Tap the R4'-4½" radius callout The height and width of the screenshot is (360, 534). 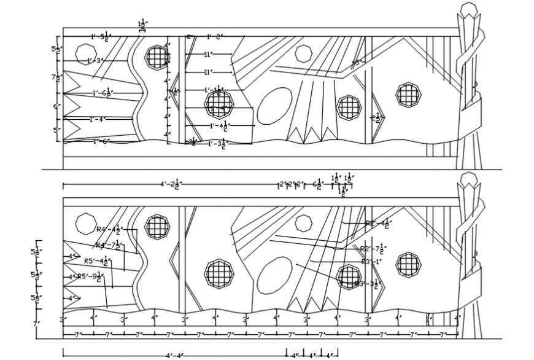click(108, 230)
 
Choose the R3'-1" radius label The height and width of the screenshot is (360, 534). click(372, 262)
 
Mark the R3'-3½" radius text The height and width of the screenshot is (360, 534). click(368, 283)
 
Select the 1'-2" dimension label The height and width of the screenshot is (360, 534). click(213, 37)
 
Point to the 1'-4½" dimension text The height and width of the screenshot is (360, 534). click(220, 127)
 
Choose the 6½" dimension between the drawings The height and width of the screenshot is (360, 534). click(317, 184)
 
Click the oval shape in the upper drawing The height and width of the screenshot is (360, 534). click(274, 106)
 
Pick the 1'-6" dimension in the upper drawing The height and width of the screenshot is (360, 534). click(101, 141)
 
